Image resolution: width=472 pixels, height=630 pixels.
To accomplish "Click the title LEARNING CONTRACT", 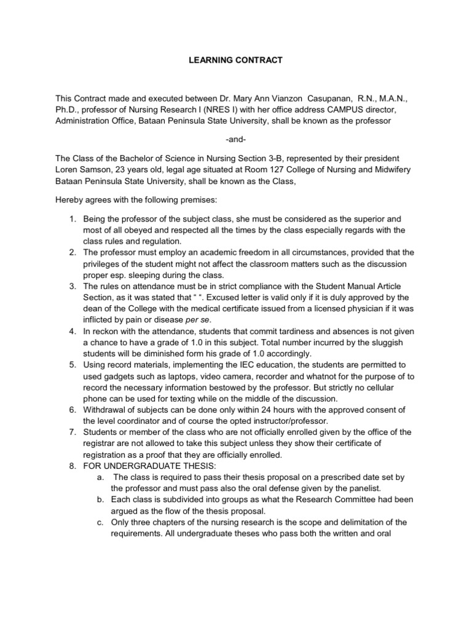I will pyautogui.click(x=235, y=60).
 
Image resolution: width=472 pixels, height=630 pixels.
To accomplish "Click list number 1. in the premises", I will pyautogui.click(x=73, y=218).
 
